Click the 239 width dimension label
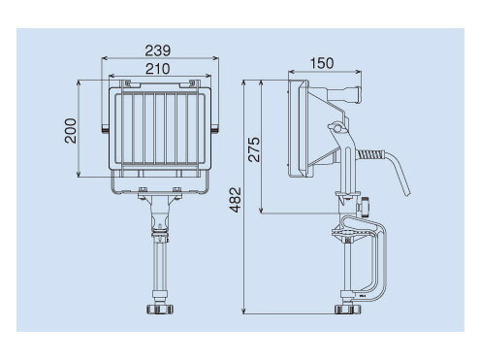(x=157, y=50)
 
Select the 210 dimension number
(x=157, y=69)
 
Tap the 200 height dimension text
(x=71, y=131)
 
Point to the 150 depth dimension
(x=322, y=63)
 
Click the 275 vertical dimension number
(x=254, y=149)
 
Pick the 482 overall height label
(x=235, y=200)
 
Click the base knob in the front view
(x=160, y=309)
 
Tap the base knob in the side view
(x=348, y=310)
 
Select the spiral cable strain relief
(x=370, y=154)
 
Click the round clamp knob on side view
(x=365, y=207)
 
